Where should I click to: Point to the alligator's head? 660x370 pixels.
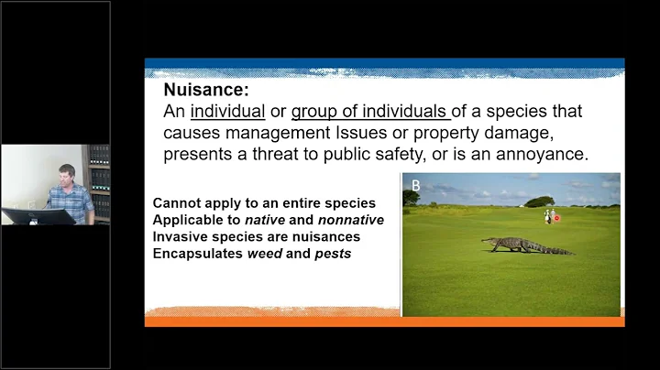[487, 242]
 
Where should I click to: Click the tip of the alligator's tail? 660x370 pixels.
[572, 253]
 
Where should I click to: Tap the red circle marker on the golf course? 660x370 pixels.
[557, 220]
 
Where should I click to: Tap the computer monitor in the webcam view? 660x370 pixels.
[37, 216]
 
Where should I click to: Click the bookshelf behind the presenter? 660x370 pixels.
[98, 180]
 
